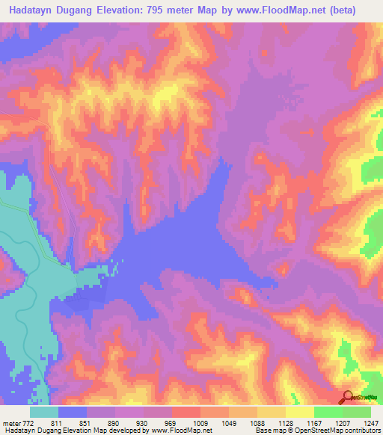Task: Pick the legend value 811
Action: click(66, 422)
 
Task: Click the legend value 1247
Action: click(372, 422)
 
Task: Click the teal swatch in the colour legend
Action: click(43, 412)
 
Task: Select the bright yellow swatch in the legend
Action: click(299, 412)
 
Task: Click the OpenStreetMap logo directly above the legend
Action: click(359, 398)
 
